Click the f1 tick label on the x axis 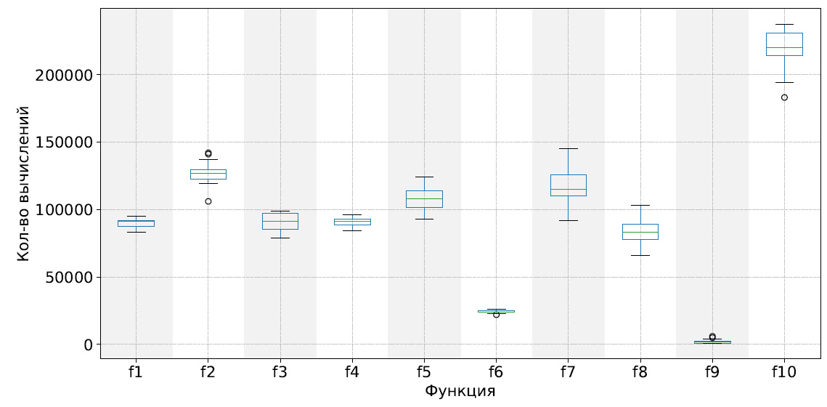(x=135, y=373)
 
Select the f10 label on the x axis (x=784, y=373)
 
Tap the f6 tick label (x=496, y=373)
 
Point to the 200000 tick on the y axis (x=62, y=75)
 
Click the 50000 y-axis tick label (x=67, y=278)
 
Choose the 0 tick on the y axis (x=89, y=344)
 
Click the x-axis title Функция (x=460, y=392)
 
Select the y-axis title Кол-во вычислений (x=24, y=183)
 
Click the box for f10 (x=784, y=44)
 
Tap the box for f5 (x=424, y=199)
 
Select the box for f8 (x=640, y=232)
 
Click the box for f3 (x=280, y=221)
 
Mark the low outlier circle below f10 (x=784, y=97)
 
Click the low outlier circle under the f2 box (x=208, y=201)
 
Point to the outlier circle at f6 (x=496, y=315)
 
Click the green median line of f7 (x=568, y=189)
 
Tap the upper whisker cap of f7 (x=568, y=148)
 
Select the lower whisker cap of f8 (x=640, y=255)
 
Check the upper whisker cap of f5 (x=424, y=177)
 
